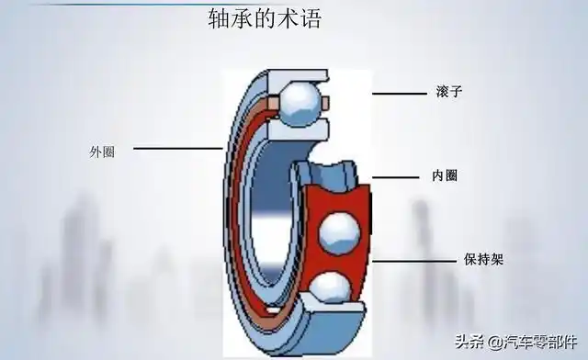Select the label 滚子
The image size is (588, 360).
445,93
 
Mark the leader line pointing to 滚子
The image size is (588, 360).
401,93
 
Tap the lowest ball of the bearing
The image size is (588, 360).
328,293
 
